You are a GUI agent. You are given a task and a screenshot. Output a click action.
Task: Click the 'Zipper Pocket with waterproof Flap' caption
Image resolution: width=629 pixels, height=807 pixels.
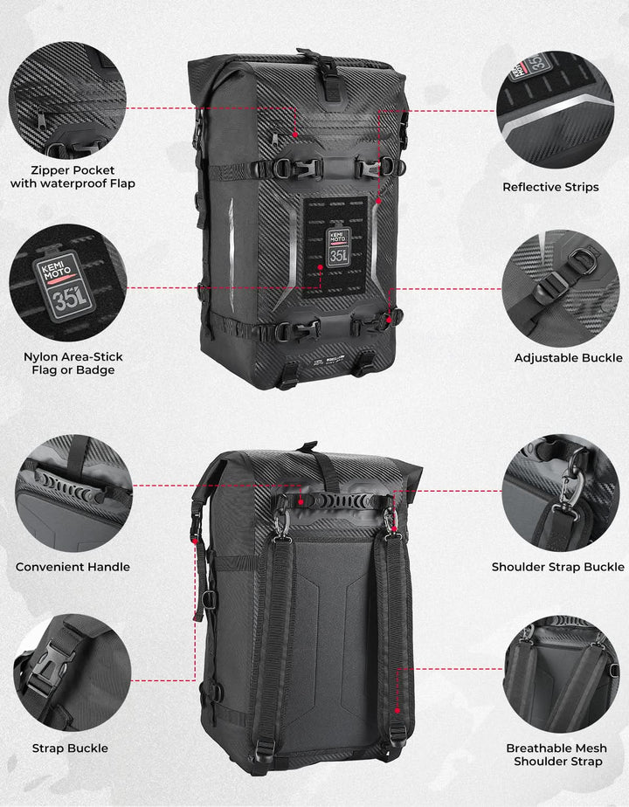(73, 176)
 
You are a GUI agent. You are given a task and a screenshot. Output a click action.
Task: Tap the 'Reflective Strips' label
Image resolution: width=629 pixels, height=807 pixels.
(550, 187)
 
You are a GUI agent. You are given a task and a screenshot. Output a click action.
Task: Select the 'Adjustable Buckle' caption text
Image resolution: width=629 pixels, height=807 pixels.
(568, 358)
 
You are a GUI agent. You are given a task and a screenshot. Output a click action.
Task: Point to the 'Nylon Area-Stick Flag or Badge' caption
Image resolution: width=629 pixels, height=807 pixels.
(73, 362)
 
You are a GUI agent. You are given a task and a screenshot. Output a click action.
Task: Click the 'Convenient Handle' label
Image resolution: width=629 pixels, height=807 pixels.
(73, 567)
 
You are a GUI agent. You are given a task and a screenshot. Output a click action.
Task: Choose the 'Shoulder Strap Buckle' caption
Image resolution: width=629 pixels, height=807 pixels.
(558, 567)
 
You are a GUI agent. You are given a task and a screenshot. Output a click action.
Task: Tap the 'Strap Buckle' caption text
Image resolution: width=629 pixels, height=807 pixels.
(70, 748)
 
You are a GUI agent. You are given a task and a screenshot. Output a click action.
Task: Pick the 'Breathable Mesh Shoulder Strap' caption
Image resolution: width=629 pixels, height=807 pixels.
(557, 755)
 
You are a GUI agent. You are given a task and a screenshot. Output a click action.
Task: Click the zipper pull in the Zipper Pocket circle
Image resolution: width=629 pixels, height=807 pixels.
(41, 121)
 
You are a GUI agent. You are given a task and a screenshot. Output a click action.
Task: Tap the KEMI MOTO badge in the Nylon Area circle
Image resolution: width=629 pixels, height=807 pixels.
(65, 286)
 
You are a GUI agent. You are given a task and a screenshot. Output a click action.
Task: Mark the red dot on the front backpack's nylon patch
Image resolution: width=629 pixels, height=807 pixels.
(320, 267)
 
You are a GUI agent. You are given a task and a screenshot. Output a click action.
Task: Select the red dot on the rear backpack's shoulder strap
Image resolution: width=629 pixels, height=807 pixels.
(397, 711)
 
